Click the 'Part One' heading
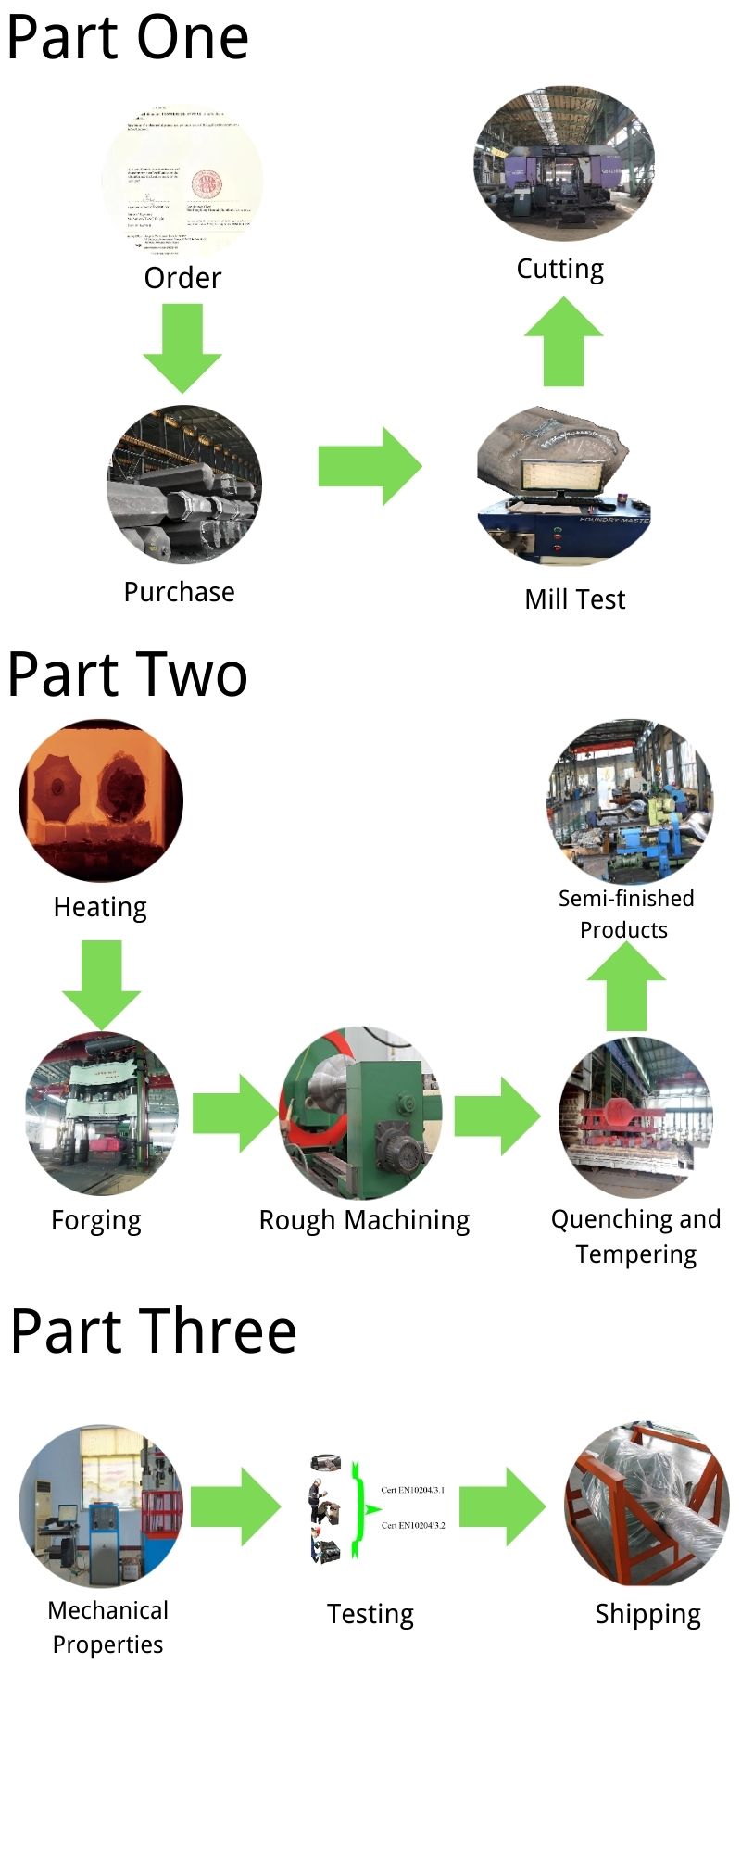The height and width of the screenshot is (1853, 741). click(x=128, y=39)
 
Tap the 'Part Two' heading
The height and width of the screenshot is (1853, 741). click(x=128, y=674)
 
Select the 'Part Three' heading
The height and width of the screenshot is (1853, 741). click(x=154, y=1330)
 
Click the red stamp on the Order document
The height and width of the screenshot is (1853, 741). click(x=206, y=184)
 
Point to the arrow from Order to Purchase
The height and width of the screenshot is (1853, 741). click(x=182, y=346)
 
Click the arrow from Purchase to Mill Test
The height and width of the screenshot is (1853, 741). click(x=369, y=465)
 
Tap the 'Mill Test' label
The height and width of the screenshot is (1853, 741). click(x=574, y=599)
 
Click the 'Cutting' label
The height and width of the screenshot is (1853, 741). click(x=559, y=269)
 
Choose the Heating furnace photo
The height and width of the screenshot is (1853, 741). click(x=101, y=800)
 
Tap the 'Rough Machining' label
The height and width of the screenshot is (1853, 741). click(x=364, y=1220)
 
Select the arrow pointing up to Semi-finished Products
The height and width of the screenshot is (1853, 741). click(x=626, y=992)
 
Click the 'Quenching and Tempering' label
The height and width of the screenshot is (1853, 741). click(x=635, y=1236)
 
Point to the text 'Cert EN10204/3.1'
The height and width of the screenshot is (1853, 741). click(x=413, y=1490)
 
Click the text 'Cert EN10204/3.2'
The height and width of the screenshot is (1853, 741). click(x=413, y=1524)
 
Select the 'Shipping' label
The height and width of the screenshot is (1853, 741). click(x=647, y=1614)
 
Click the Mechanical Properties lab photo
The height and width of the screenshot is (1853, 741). click(x=101, y=1506)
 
